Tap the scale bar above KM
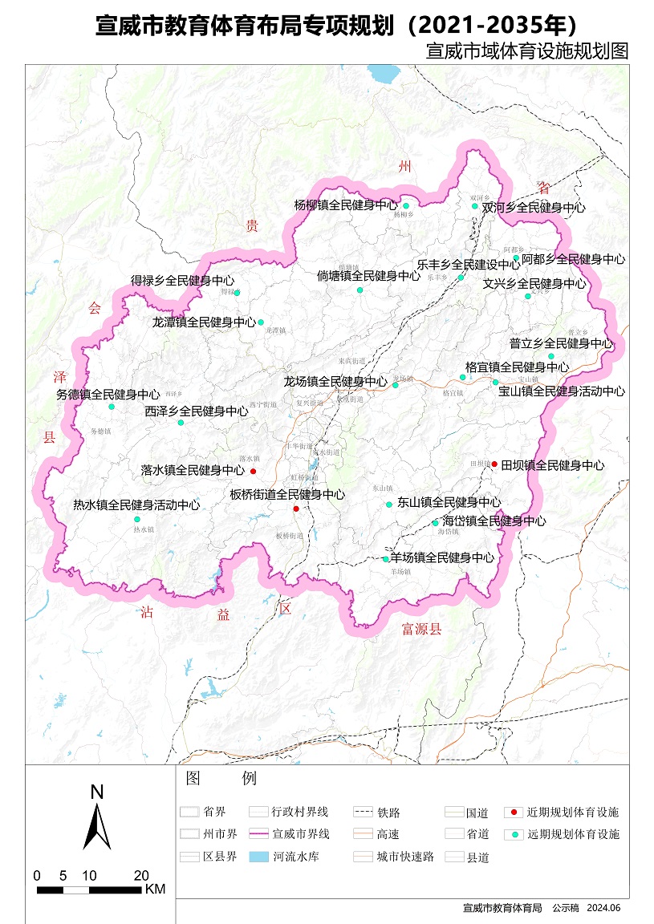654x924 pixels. point(89,890)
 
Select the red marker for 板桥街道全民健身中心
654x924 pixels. point(296,509)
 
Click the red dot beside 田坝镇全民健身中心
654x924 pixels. point(495,464)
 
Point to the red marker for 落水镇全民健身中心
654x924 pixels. point(253,471)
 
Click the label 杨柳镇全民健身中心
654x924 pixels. point(346,205)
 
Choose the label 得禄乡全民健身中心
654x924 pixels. point(183,282)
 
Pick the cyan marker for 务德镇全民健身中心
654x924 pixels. point(112,407)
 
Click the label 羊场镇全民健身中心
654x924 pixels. point(442,557)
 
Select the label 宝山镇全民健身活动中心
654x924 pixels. point(562,391)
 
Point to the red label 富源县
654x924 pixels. point(422,630)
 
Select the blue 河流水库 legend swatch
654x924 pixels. point(258,857)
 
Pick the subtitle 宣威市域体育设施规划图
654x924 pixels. point(526,51)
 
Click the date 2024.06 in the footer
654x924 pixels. point(603,908)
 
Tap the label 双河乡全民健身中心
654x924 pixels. point(534,207)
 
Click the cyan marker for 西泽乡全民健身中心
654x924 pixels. point(182,422)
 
